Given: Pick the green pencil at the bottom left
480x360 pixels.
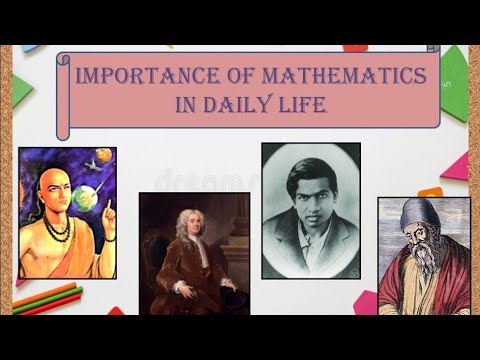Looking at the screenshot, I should coord(44,302).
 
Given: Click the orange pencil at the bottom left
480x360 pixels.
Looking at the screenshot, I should coord(45,292).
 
